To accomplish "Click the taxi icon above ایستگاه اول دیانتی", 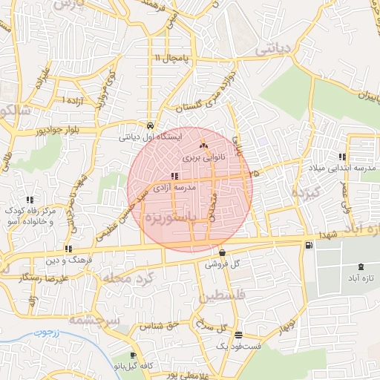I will point(151,125).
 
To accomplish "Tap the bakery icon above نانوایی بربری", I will point(203,146).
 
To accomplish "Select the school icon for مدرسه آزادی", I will point(174,176).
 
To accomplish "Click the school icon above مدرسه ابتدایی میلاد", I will point(341,157).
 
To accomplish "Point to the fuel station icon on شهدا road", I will point(308,245).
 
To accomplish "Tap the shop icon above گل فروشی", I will point(222,252).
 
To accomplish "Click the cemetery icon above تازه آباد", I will point(361,266).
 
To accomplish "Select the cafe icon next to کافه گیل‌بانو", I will point(133,356).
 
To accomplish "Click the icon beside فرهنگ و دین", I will point(69,249).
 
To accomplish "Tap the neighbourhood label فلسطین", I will point(220,295).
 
